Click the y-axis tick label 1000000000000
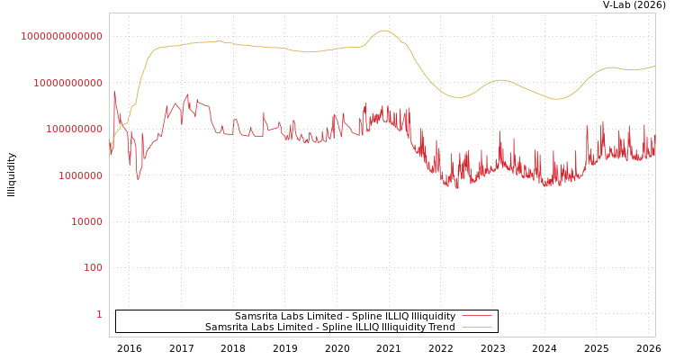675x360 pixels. [61, 36]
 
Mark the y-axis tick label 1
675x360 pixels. [99, 314]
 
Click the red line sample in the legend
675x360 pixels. [476, 316]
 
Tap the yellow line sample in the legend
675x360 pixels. [476, 327]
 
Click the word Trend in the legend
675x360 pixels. [441, 327]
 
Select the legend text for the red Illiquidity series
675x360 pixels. [345, 316]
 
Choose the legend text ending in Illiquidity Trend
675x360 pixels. [329, 327]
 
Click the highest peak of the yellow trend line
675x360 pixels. [384, 31]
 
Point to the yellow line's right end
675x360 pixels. [654, 65]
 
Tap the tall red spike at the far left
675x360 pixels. [113, 91]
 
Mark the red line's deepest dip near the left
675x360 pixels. [138, 180]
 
